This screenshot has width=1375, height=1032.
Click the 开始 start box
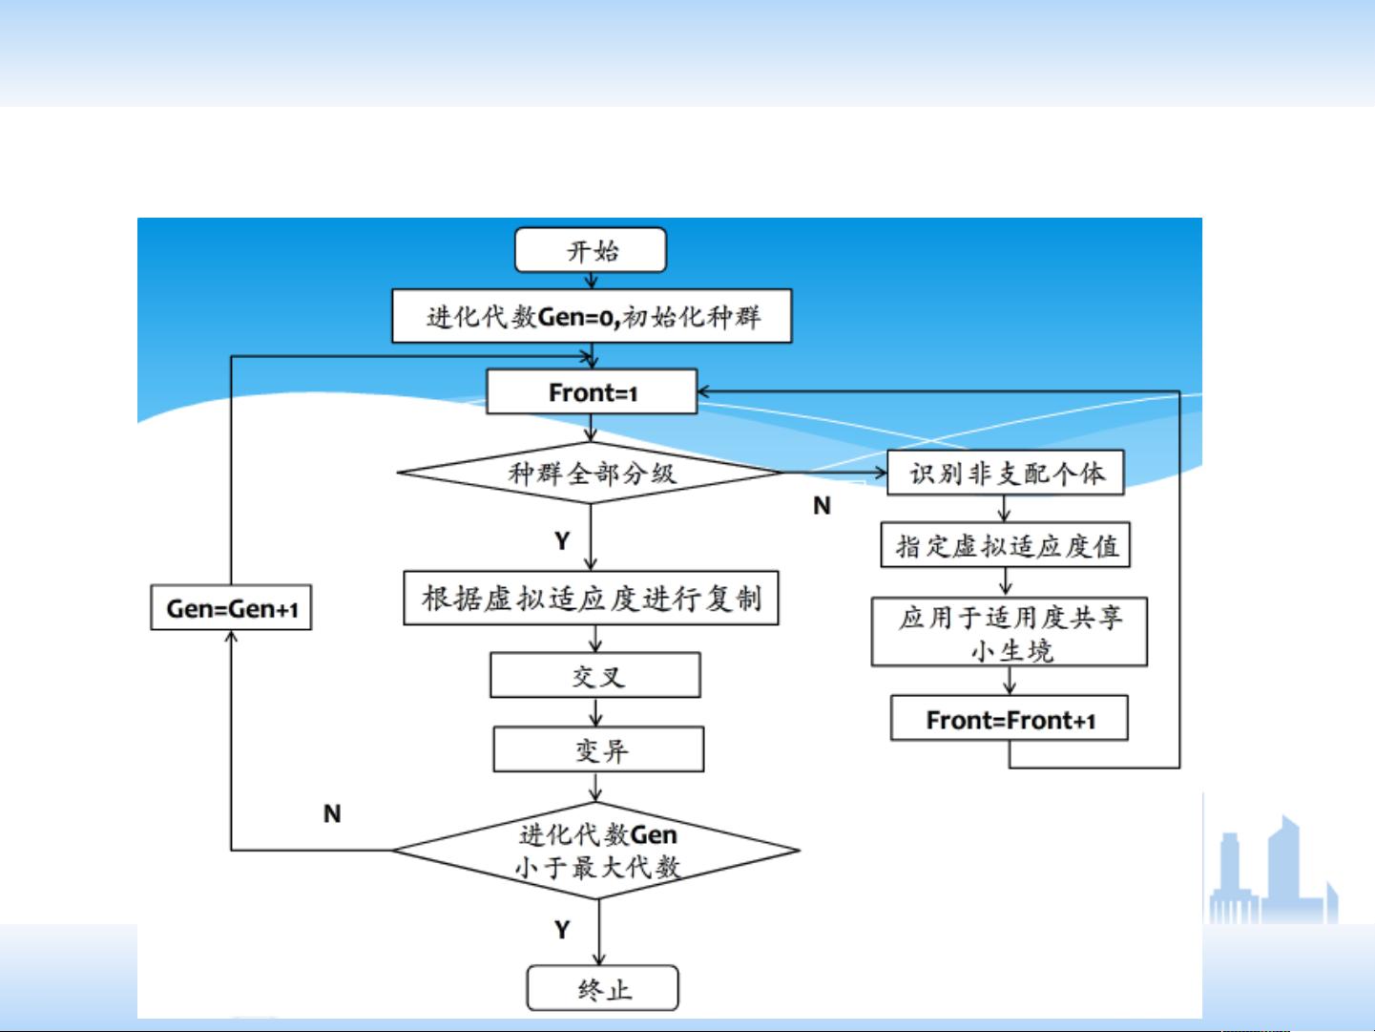[x=591, y=251]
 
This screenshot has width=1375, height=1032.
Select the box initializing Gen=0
[x=592, y=316]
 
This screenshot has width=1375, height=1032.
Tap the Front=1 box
[x=592, y=392]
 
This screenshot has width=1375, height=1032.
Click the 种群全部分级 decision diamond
[x=591, y=473]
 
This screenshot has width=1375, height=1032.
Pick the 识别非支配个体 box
[x=1006, y=473]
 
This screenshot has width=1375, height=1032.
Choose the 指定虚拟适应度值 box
[x=1006, y=545]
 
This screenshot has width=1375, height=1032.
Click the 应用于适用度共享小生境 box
[x=1009, y=632]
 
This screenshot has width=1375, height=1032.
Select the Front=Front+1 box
[x=1010, y=719]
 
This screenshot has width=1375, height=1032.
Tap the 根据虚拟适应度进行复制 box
[x=591, y=599]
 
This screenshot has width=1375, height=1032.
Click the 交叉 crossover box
[x=595, y=676]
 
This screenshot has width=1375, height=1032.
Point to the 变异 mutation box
[x=598, y=750]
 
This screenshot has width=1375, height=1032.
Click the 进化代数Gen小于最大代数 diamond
[x=597, y=850]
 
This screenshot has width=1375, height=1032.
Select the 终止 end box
[x=602, y=988]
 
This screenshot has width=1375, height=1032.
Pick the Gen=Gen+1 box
[x=231, y=608]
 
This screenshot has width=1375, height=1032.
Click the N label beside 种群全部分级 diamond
[x=822, y=506]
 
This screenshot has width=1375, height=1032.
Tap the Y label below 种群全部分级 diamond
[x=562, y=541]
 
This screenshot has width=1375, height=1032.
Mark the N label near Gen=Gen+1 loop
[x=332, y=813]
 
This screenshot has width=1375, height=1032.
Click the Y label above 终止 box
[x=562, y=929]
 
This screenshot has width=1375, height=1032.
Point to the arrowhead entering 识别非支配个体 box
[x=880, y=472]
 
